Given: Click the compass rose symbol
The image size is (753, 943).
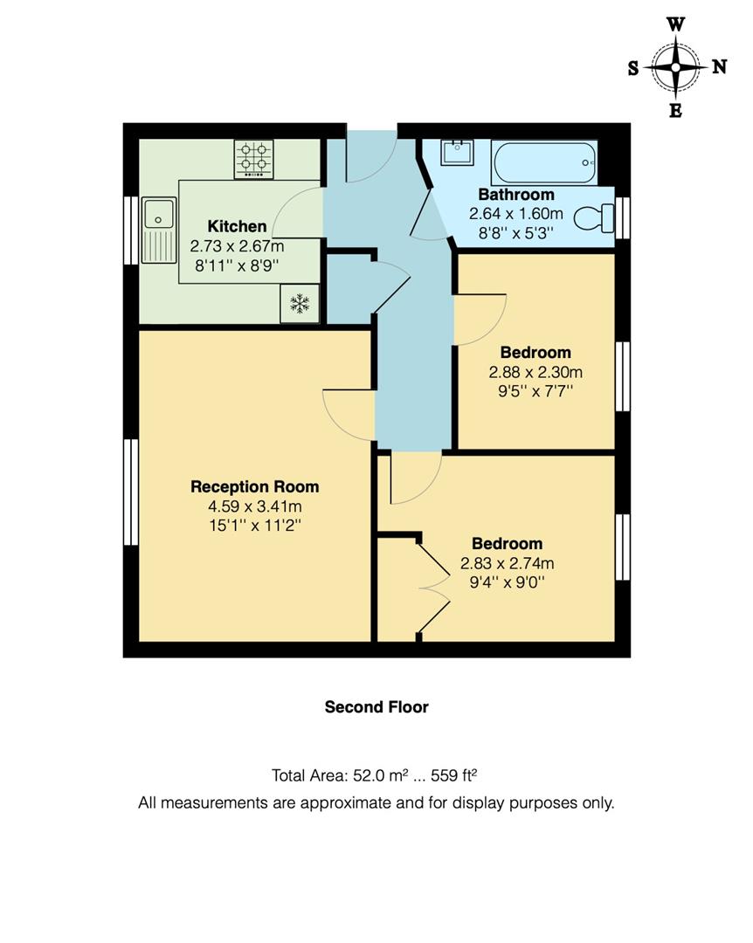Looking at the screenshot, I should point(676,67).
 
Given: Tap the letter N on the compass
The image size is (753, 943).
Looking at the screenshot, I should point(719,67).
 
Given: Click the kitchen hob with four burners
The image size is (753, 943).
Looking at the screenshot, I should point(253,159).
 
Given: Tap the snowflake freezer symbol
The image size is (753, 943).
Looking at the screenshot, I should point(300,305).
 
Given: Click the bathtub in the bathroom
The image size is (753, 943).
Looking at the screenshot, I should point(543,162).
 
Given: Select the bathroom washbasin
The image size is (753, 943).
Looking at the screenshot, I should point(456,154).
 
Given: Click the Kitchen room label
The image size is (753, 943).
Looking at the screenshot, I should point(237,227).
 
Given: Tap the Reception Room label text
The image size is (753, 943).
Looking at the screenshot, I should point(254,487).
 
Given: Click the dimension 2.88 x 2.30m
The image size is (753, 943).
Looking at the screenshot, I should point(535,372).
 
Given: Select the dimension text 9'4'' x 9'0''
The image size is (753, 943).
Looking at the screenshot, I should point(507,582).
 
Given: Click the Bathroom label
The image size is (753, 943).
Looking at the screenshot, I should point(515,195).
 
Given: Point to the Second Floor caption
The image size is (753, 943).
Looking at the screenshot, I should point(376,706).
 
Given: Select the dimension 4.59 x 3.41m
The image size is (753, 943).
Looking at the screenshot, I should point(254,506).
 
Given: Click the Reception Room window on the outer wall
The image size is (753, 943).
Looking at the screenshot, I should point(131,492).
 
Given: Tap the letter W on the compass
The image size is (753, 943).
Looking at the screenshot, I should point(676,24).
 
